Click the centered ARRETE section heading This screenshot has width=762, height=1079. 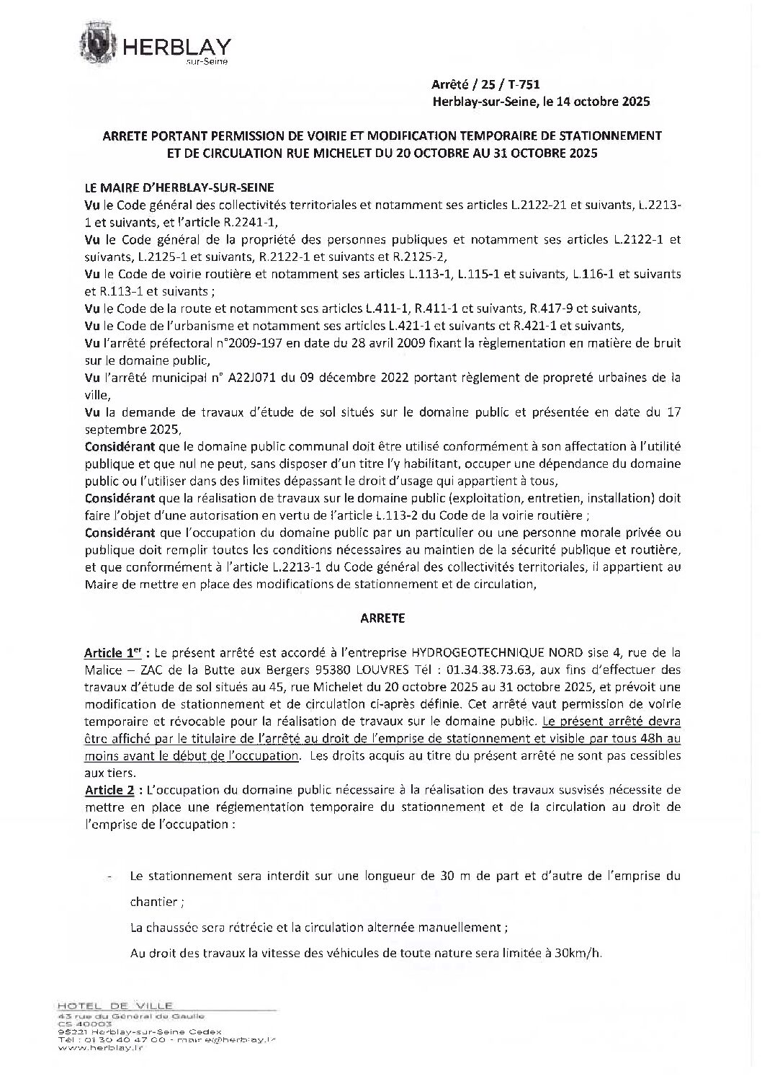pyautogui.click(x=381, y=618)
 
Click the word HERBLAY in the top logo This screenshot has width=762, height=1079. pyautogui.click(x=177, y=48)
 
